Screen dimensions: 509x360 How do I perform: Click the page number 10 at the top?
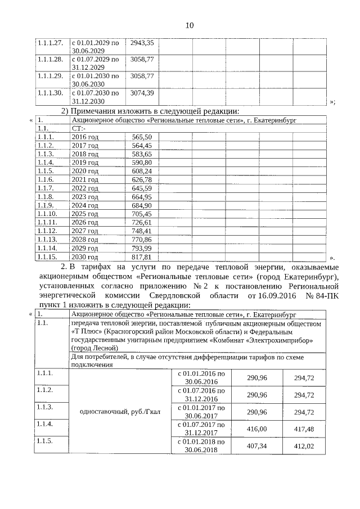point(189,25)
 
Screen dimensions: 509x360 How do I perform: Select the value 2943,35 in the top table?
point(142,43)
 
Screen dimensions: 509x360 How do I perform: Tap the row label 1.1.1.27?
point(50,43)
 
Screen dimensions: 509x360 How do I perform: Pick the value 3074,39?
point(142,92)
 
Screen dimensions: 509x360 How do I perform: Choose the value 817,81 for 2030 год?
point(142,258)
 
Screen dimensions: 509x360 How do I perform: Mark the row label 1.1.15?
point(47,258)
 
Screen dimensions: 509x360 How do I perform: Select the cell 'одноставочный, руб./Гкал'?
point(120,411)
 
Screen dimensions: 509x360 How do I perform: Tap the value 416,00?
point(256,429)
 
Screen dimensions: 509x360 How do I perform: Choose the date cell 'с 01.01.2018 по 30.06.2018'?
point(201,445)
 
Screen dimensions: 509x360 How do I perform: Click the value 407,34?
point(256,445)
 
